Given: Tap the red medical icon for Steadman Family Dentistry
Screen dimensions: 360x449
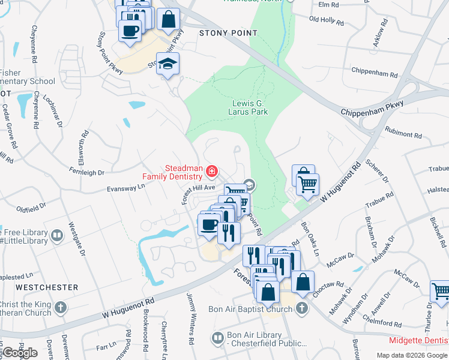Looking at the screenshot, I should [211, 172].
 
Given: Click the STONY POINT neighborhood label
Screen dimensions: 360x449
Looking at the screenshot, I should [223, 34].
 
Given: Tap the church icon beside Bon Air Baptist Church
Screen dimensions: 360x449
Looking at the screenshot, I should [301, 308].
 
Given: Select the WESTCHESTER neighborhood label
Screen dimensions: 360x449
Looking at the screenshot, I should [47, 287].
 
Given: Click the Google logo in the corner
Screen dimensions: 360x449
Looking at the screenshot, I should [19, 352].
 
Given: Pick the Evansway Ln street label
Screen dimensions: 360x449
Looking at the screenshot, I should [126, 188].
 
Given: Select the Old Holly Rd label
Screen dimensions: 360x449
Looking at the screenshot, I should [326, 22].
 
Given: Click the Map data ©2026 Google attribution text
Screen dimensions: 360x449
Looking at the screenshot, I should [412, 355].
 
